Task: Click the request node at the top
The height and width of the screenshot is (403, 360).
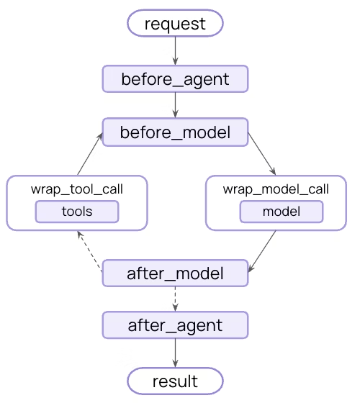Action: (175, 24)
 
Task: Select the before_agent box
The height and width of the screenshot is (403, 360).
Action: (175, 79)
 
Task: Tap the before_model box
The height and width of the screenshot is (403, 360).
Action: (175, 132)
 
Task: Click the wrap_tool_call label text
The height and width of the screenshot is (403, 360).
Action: (77, 190)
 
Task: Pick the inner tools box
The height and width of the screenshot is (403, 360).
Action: (77, 212)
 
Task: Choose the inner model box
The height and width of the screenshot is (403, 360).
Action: (281, 212)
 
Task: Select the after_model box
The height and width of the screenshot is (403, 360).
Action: (175, 273)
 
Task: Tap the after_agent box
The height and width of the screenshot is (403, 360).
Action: (175, 325)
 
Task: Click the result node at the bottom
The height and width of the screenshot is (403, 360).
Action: (175, 380)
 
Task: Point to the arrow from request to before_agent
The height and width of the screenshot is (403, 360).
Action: (175, 50)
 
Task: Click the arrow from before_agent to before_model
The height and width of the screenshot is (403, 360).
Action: (175, 105)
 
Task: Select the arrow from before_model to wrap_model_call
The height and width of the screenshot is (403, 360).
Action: (262, 154)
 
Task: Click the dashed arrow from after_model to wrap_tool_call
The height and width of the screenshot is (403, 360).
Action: (90, 253)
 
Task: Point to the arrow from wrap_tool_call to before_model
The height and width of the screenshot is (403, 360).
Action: (90, 154)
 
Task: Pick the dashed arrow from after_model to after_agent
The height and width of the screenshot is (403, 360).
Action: (175, 299)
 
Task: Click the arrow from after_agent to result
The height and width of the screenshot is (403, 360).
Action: (175, 353)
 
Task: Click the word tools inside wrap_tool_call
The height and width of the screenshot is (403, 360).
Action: (77, 212)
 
